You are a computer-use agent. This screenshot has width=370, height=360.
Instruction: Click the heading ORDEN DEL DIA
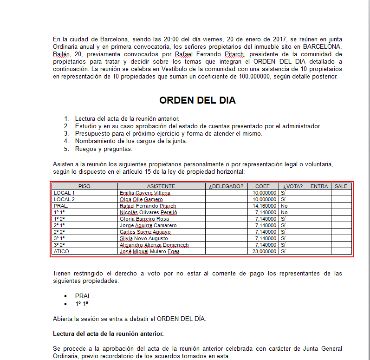pos(197,100)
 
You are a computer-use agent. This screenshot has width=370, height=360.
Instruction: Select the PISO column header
pos(84,186)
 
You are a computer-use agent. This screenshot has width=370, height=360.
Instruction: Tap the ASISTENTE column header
pos(162,186)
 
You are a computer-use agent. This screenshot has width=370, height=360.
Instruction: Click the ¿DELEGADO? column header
pos(226,186)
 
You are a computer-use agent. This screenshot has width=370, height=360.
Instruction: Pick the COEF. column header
pos(263,186)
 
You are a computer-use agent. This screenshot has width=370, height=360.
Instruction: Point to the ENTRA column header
pos(319,186)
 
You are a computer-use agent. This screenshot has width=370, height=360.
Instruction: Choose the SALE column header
pos(341,186)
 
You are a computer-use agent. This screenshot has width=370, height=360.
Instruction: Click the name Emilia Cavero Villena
pos(145,193)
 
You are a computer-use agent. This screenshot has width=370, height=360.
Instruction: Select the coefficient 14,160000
pos(265,206)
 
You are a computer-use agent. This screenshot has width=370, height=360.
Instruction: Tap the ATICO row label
pos(62,251)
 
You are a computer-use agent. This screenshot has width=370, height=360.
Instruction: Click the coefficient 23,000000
pos(265,251)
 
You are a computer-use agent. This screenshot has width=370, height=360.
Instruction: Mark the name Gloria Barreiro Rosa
pos(144,219)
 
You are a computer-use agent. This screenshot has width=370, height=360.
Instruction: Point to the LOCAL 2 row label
pos(64,199)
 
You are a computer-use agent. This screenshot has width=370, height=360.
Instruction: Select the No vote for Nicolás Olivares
pos(284,212)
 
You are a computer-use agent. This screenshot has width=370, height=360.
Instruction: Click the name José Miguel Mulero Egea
pos(149,251)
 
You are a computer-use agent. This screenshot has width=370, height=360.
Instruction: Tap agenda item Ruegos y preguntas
pos(104,149)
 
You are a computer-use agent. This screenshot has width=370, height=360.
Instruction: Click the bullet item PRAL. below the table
pos(84,296)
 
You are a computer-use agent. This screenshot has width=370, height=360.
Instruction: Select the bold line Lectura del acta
pos(108,334)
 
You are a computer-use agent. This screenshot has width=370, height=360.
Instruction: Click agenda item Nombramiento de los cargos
pos(131,141)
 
